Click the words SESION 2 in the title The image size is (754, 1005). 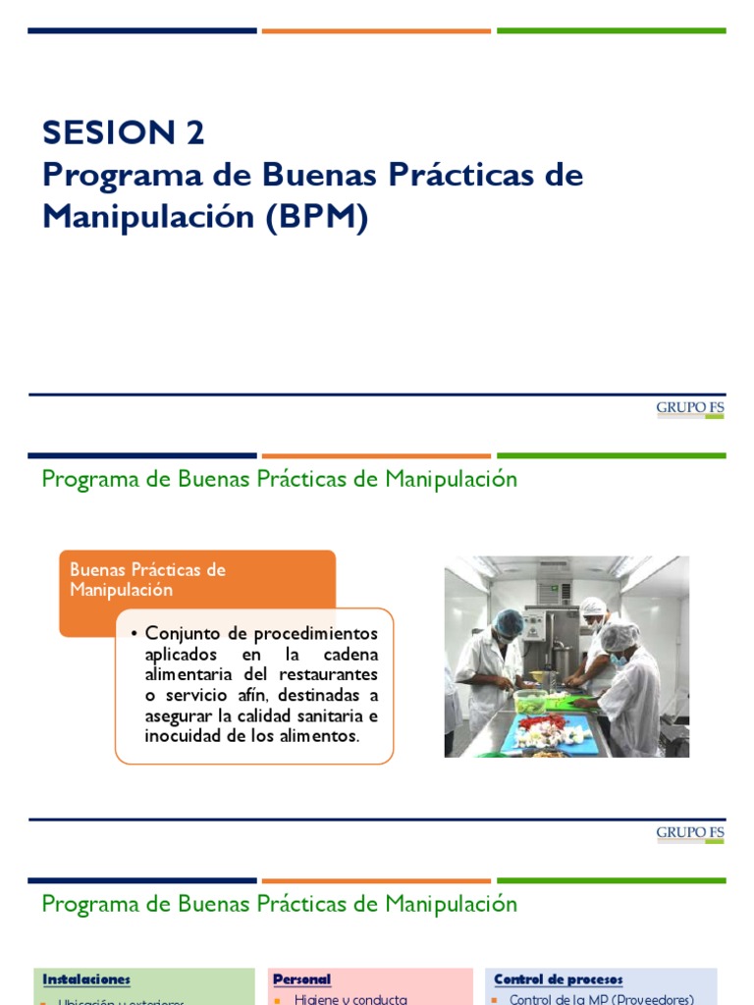click(124, 132)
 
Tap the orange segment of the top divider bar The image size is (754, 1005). click(376, 30)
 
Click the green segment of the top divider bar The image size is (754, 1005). click(611, 30)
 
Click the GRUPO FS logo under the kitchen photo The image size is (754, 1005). click(690, 834)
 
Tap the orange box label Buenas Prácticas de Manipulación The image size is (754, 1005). click(148, 579)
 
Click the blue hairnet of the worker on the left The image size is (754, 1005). click(509, 622)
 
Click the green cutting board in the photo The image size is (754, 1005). click(575, 700)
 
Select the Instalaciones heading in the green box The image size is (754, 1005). click(86, 979)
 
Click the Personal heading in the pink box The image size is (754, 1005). click(301, 979)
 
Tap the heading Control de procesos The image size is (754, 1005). click(558, 979)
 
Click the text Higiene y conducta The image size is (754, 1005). click(350, 999)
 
